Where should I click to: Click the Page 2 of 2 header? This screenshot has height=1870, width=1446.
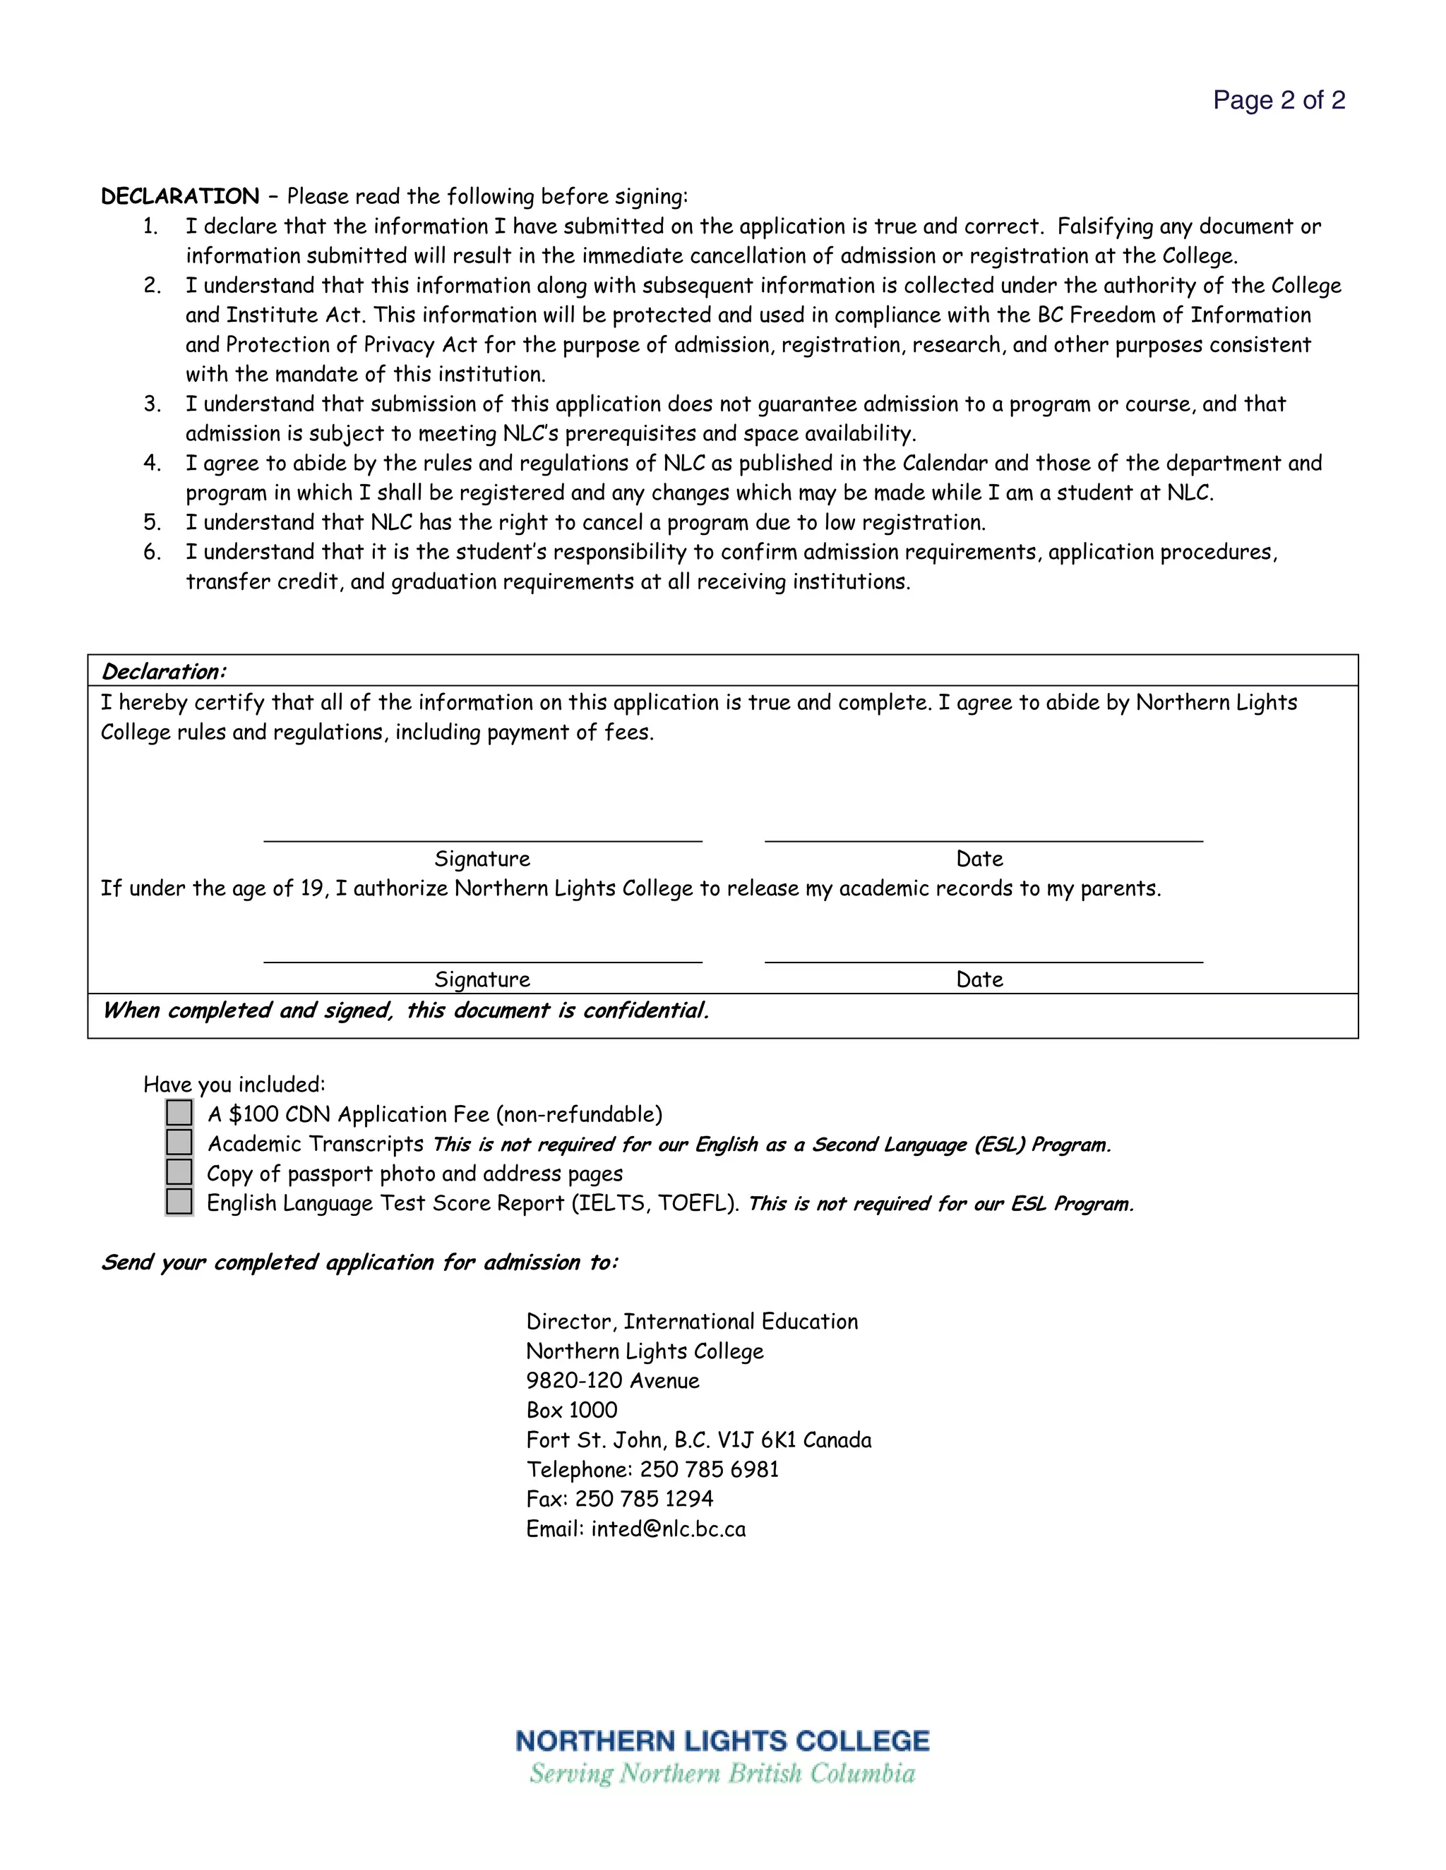pyautogui.click(x=1278, y=100)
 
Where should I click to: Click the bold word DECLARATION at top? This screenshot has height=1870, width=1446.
pyautogui.click(x=180, y=196)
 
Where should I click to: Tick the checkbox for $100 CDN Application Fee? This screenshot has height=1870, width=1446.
pyautogui.click(x=179, y=1113)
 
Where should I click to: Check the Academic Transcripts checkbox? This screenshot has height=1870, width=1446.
pyautogui.click(x=179, y=1142)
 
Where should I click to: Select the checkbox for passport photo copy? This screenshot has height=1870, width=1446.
pyautogui.click(x=179, y=1172)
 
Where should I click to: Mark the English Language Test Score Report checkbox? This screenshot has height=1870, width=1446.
pyautogui.click(x=179, y=1202)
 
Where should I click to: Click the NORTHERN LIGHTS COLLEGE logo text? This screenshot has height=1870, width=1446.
pyautogui.click(x=722, y=1741)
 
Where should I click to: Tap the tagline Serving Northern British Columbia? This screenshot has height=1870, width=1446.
pyautogui.click(x=722, y=1773)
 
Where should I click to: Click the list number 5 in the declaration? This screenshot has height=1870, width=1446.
pyautogui.click(x=152, y=522)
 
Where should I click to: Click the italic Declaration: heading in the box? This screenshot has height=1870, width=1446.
pyautogui.click(x=164, y=671)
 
